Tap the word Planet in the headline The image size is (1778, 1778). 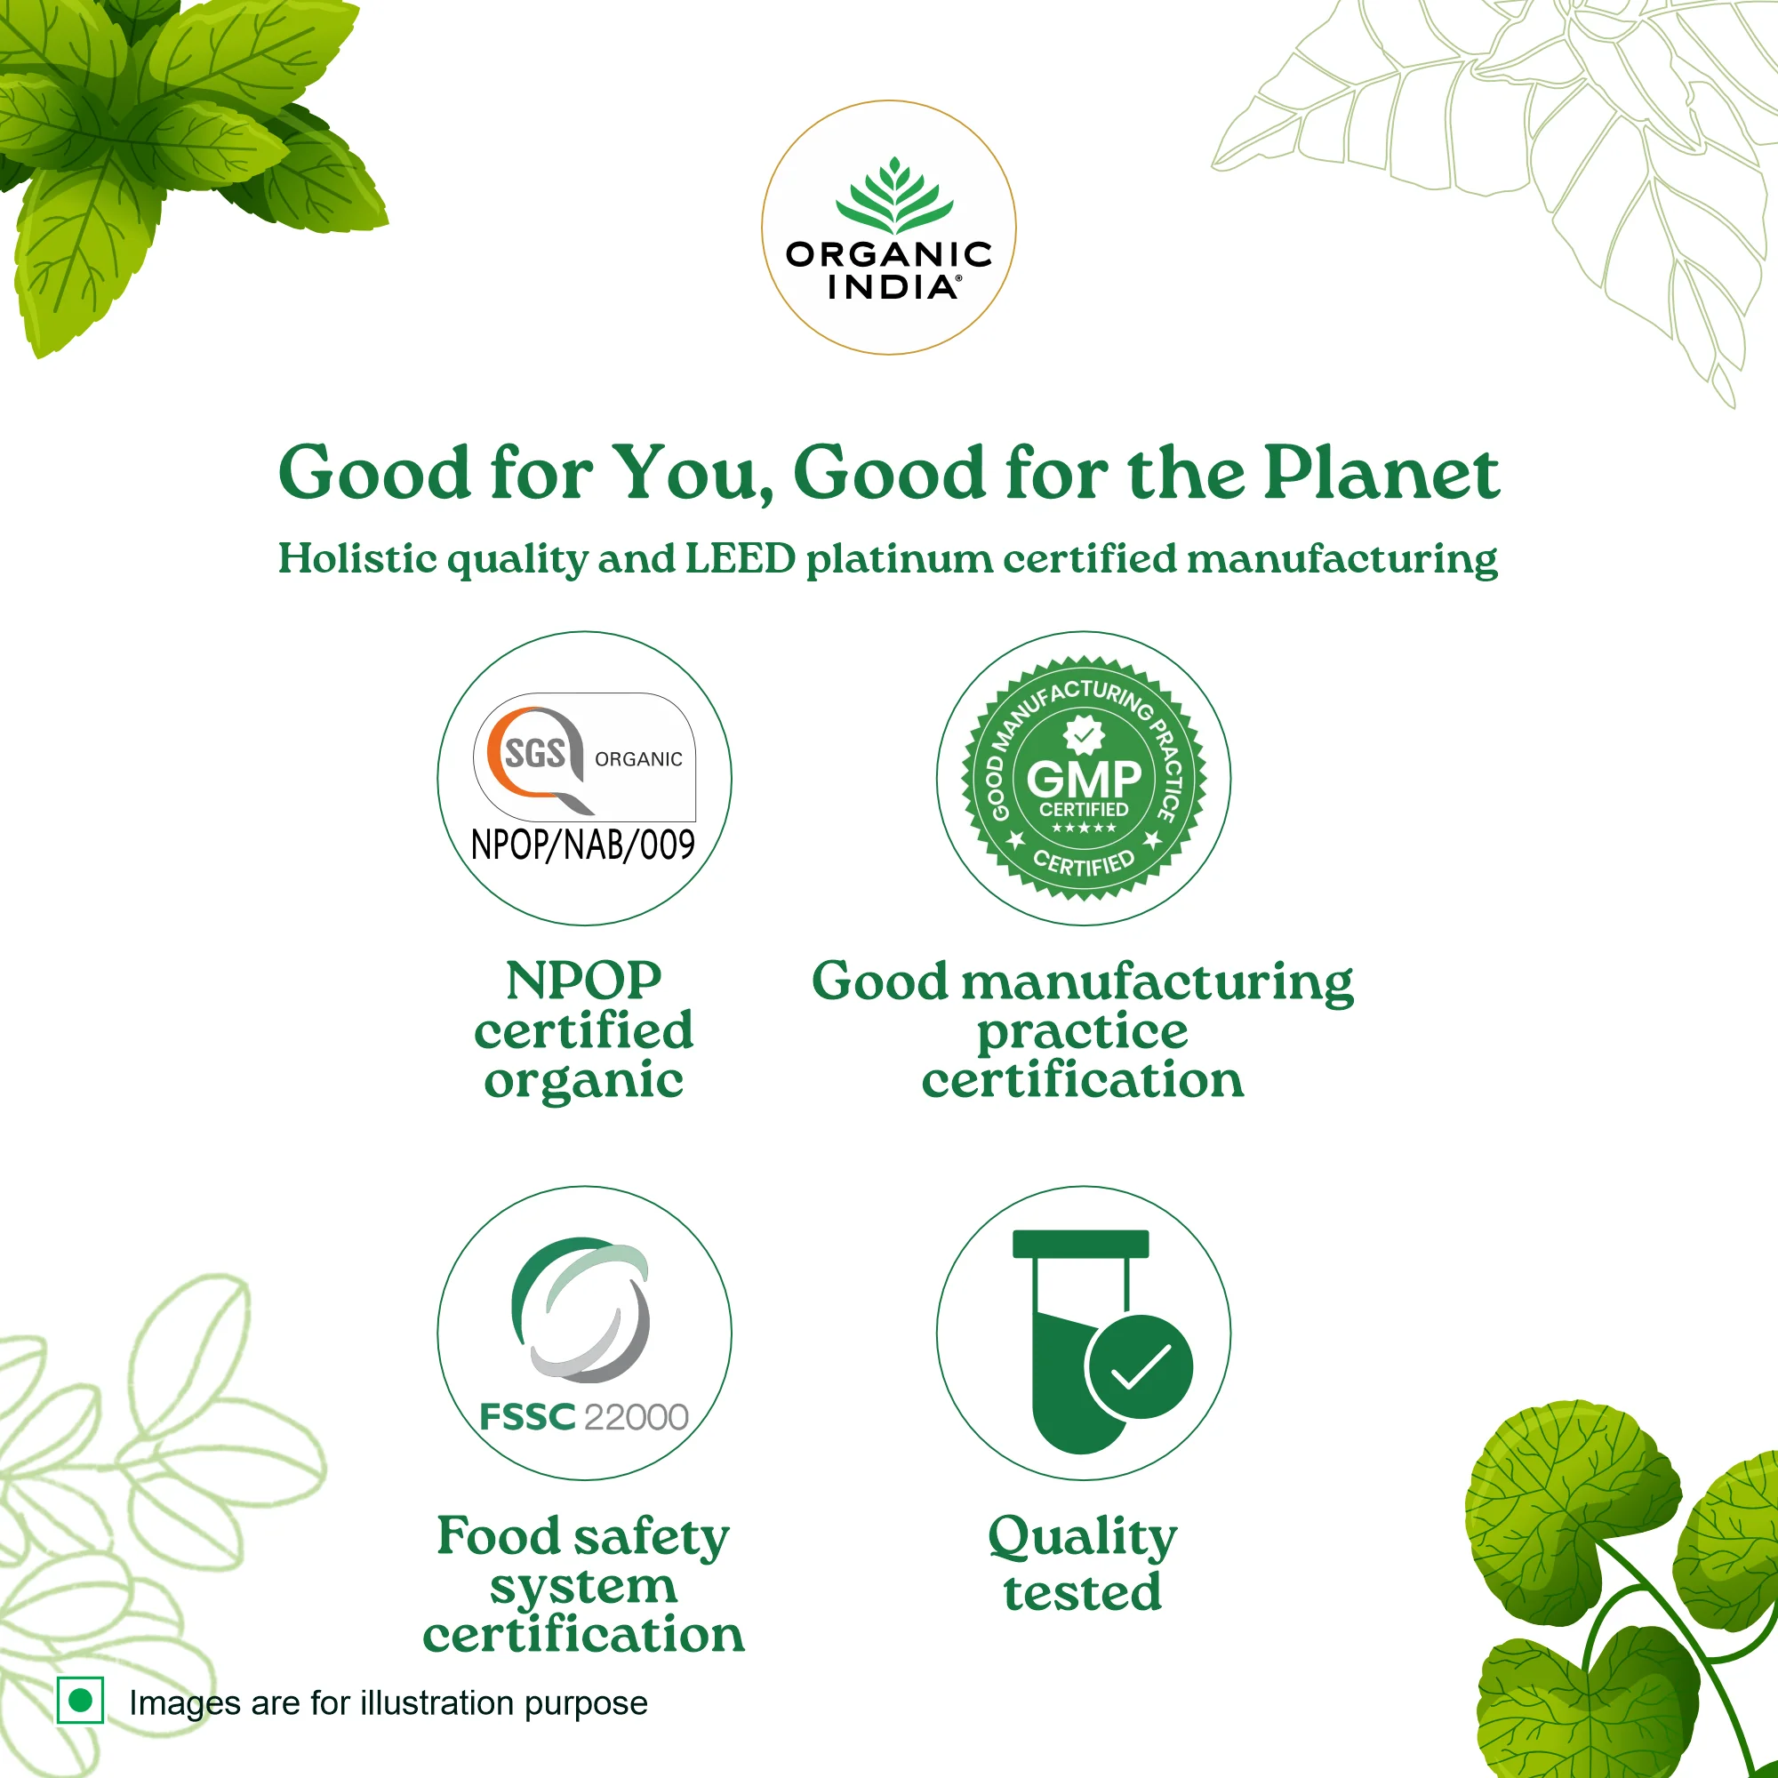[x=1381, y=473]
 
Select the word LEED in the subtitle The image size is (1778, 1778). [x=740, y=558]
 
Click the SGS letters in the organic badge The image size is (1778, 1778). [x=534, y=754]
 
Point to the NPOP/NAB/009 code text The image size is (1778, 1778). [x=582, y=845]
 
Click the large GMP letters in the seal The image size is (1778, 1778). [x=1083, y=779]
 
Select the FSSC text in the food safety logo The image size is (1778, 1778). [x=526, y=1417]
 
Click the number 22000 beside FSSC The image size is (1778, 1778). [x=635, y=1417]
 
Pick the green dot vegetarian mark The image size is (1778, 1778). [x=80, y=1700]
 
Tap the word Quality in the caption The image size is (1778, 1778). [x=1082, y=1538]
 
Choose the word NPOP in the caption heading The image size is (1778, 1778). [x=583, y=981]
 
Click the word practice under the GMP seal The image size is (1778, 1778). [x=1082, y=1030]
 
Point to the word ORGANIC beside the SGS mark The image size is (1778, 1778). [x=638, y=759]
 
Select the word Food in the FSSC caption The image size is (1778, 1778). [x=498, y=1536]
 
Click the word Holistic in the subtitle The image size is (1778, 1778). [x=357, y=558]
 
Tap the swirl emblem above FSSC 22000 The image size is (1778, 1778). [x=581, y=1309]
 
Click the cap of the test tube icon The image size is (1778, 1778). [x=1080, y=1244]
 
